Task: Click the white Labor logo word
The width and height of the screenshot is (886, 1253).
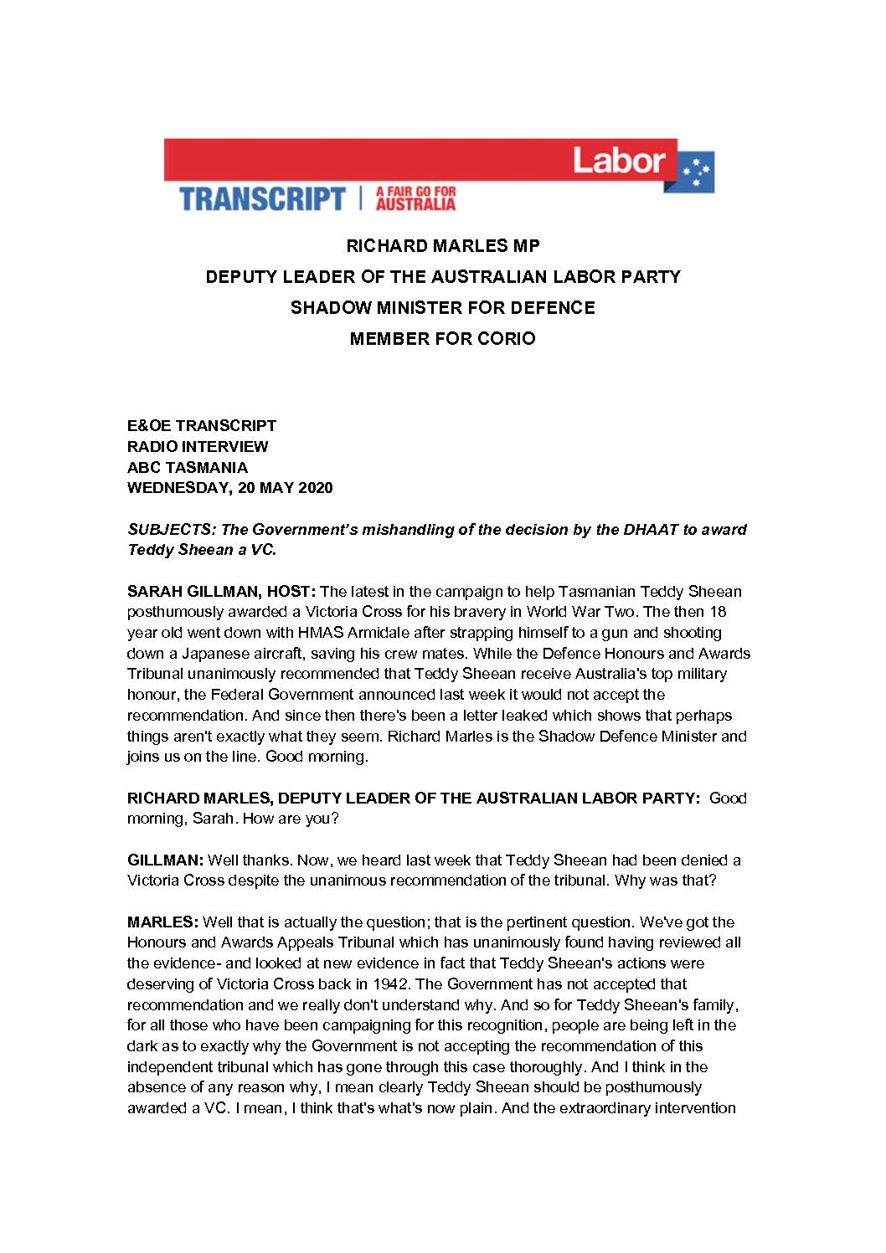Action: pyautogui.click(x=619, y=159)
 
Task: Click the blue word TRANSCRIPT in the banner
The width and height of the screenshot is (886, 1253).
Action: pyautogui.click(x=262, y=199)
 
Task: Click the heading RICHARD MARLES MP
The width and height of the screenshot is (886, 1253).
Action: pyautogui.click(x=443, y=246)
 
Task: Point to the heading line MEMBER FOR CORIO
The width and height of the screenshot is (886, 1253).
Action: pyautogui.click(x=443, y=339)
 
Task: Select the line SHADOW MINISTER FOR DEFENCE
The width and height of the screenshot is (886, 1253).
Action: pyautogui.click(x=443, y=308)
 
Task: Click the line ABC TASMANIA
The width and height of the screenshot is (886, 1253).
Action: pyautogui.click(x=187, y=467)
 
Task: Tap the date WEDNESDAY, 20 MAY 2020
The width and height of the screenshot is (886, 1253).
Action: pyautogui.click(x=229, y=488)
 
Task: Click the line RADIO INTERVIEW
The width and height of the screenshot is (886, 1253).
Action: pyautogui.click(x=198, y=447)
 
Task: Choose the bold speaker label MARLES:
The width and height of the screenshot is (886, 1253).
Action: pyautogui.click(x=162, y=922)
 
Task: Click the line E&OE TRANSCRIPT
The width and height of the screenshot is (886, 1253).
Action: pyautogui.click(x=202, y=426)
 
